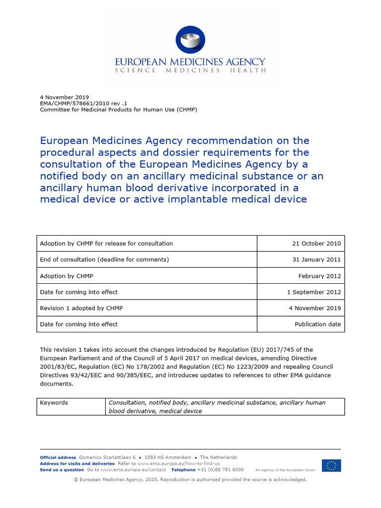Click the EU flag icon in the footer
331,466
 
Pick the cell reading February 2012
319,276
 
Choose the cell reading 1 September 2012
314,292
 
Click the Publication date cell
317,324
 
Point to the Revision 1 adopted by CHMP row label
81,308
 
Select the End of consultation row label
104,259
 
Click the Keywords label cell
54,403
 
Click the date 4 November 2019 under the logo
64,97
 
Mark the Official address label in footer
58,457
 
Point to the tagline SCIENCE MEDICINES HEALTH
190,70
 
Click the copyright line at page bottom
190,480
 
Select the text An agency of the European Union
285,470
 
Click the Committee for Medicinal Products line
118,110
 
